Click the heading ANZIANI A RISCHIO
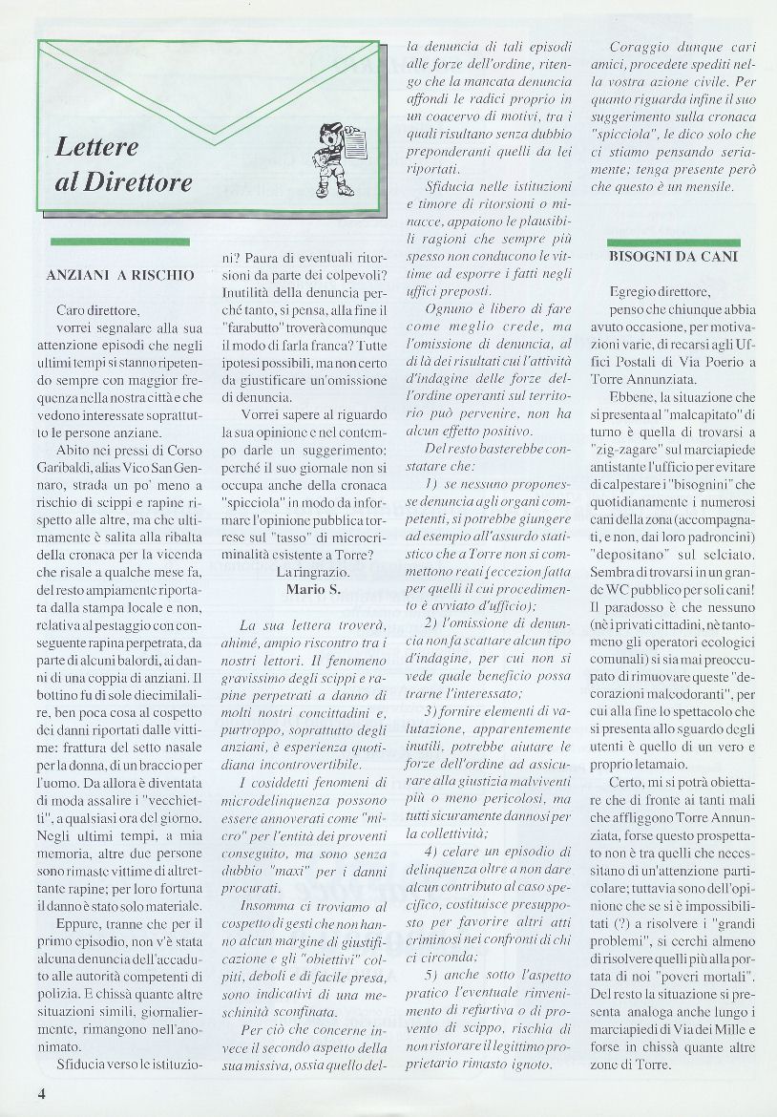(120, 275)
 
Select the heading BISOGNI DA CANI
(674, 256)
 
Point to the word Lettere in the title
(97, 148)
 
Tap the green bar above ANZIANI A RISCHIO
(120, 242)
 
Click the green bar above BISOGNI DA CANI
(674, 243)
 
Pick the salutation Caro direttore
(97, 310)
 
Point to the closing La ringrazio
(305, 572)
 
